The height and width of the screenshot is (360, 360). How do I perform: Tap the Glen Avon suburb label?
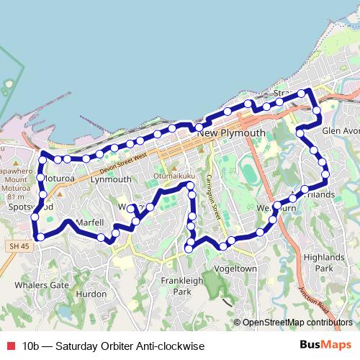341,131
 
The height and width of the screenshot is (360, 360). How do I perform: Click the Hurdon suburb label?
91,294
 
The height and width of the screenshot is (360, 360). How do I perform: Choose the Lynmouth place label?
112,179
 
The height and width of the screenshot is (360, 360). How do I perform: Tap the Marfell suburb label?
91,222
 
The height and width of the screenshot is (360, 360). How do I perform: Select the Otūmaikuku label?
170,176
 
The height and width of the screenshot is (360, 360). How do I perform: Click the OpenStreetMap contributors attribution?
297,322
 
